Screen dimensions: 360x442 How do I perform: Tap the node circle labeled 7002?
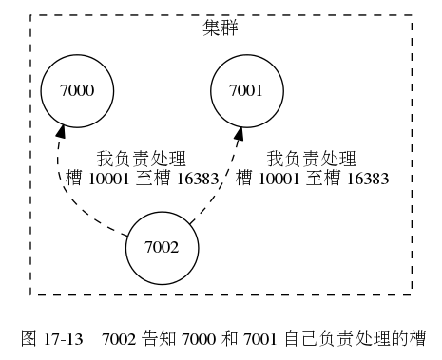point(163,248)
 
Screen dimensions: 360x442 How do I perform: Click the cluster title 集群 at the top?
point(221,27)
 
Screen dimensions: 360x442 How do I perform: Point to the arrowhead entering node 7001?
point(238,132)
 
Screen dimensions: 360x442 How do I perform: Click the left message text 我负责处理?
point(141,158)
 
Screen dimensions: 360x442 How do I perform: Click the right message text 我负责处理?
point(310,158)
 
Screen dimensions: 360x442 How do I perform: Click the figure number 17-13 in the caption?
point(64,336)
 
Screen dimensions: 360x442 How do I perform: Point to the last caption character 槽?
point(415,336)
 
